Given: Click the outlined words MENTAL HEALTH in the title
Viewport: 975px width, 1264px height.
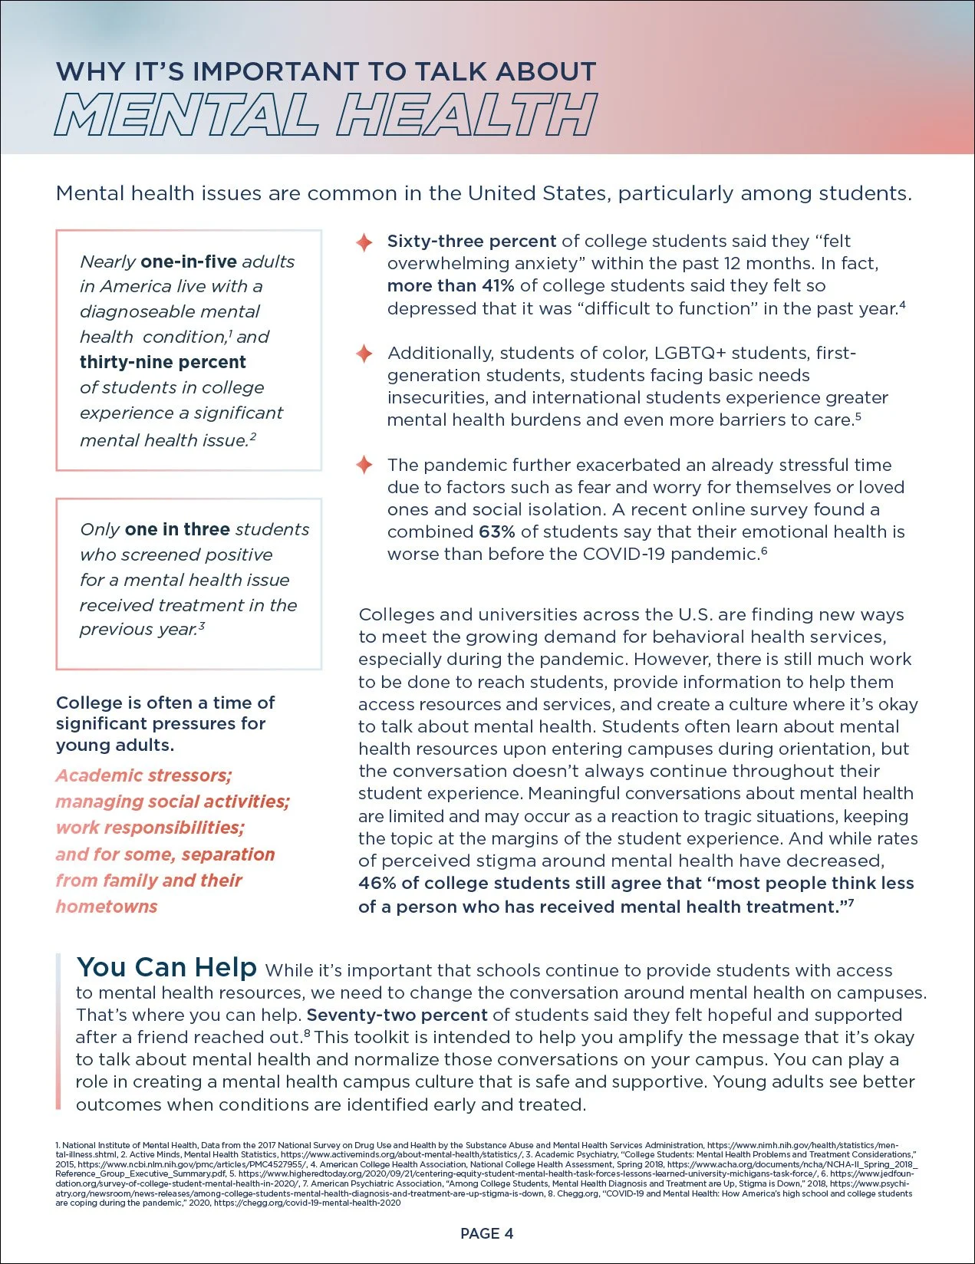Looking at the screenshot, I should pos(325,116).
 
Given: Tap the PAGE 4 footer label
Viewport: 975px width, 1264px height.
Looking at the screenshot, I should pos(486,1233).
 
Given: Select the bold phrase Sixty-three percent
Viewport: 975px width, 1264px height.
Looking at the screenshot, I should pos(471,241).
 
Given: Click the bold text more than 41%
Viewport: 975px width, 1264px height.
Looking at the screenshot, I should pos(450,286).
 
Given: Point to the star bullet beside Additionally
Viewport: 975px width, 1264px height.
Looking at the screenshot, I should pos(364,354).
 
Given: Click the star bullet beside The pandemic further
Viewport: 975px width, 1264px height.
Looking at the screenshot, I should pos(364,465).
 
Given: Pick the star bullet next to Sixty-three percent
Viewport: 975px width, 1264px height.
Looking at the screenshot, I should pos(364,242).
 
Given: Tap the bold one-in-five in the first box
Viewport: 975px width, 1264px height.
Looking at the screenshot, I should pos(189,262).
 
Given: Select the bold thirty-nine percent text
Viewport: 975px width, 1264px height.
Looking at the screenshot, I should pos(163,362).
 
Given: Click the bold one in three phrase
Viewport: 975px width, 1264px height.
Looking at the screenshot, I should pos(177,529).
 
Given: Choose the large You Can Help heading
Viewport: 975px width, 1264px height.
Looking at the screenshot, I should pos(166,967).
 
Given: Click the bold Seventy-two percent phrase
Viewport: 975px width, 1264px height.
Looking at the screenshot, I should pos(397,1015).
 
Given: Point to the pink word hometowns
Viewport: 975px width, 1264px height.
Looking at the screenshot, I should pos(107,907).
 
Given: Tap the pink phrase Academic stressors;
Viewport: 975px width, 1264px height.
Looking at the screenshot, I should pos(143,775).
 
